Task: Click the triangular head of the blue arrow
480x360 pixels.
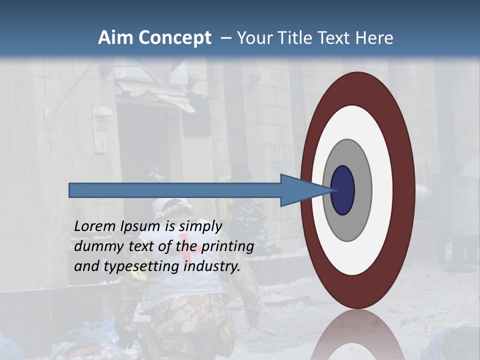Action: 300,190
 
